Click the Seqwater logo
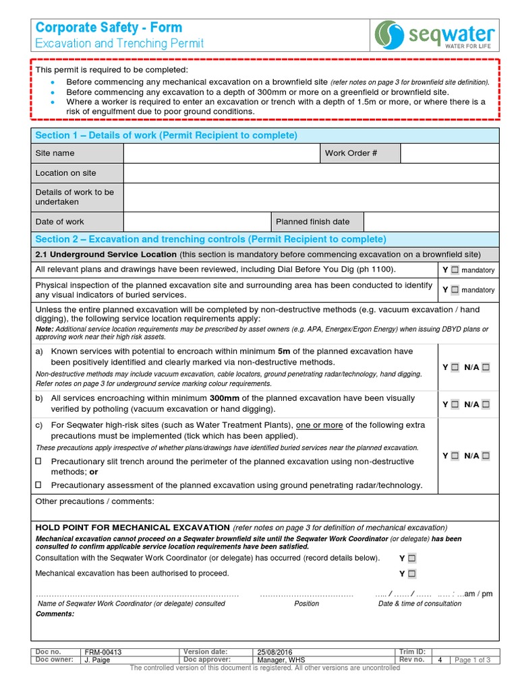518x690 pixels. coord(435,35)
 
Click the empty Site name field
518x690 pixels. coord(221,153)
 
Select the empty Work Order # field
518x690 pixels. coord(449,153)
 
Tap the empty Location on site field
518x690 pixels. coord(311,173)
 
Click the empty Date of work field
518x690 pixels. coord(196,222)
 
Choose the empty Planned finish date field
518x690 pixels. coord(431,222)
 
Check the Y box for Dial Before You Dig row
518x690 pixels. coord(455,270)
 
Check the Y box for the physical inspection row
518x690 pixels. coord(455,290)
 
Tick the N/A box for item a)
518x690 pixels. coord(486,367)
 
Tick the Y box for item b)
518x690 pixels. coord(455,404)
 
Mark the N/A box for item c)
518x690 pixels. coord(486,456)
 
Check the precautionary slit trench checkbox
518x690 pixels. coord(38,462)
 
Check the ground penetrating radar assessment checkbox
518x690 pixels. coord(38,485)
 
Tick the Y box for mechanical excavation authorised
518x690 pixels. coord(412,574)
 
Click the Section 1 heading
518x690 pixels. coord(166,135)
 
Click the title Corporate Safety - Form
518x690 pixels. coord(109,28)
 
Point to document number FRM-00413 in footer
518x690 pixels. coord(103,652)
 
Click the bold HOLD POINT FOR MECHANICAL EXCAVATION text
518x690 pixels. coord(132,527)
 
